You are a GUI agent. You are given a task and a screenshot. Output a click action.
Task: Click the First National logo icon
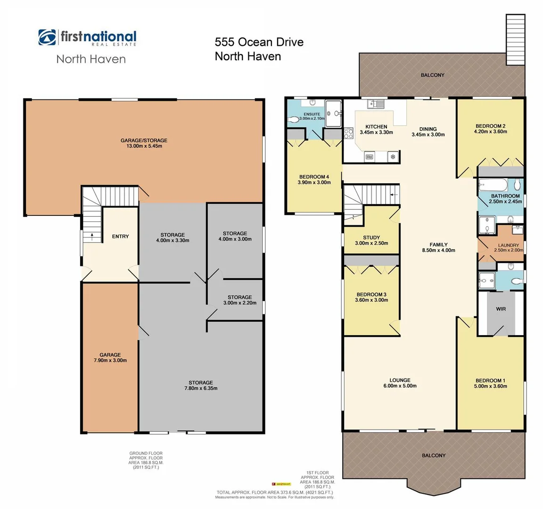point(47,37)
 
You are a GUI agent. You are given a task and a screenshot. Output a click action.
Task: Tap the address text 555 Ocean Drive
point(259,42)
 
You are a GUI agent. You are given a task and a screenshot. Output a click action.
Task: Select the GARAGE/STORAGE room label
point(144,140)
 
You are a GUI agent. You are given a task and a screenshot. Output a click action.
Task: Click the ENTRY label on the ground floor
point(120,237)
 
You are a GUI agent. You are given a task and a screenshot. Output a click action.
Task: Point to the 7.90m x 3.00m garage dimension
point(110,361)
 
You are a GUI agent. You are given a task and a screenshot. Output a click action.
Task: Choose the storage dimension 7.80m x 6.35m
point(201,388)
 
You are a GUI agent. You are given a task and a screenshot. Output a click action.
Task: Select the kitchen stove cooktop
point(349,134)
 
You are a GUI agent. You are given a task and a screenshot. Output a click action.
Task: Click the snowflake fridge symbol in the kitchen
point(392,156)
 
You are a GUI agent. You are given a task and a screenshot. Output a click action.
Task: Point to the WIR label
point(501,309)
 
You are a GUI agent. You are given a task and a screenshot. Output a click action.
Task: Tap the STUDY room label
point(371,238)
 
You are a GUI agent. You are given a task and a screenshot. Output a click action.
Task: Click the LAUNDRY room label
point(508,245)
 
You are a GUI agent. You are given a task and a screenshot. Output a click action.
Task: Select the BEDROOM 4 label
point(314,177)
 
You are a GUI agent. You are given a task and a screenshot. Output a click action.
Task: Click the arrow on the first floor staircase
point(394,194)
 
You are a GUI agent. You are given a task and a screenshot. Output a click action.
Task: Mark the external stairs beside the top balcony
point(515,40)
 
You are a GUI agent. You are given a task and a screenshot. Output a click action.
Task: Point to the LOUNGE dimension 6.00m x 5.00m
point(400,386)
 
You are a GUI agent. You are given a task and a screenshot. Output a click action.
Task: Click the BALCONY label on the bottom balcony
point(433,455)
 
